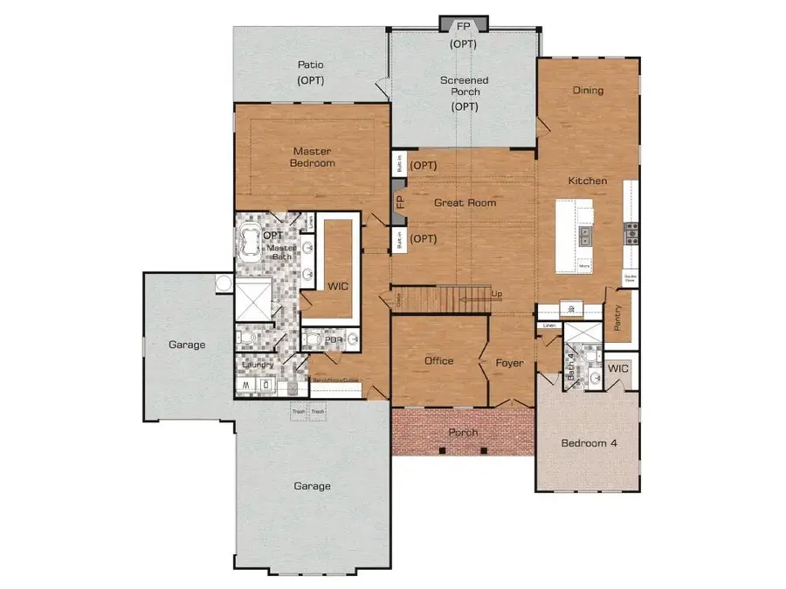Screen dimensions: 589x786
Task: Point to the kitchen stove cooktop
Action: pyautogui.click(x=631, y=232)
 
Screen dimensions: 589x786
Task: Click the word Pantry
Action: pyautogui.click(x=618, y=317)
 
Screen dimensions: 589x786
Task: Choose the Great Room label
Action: pyautogui.click(x=465, y=203)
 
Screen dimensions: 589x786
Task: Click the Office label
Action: pyautogui.click(x=438, y=361)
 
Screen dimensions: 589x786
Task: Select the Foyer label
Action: pyautogui.click(x=509, y=362)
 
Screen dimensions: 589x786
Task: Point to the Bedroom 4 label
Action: pyautogui.click(x=589, y=443)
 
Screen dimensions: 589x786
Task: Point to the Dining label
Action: pyautogui.click(x=588, y=90)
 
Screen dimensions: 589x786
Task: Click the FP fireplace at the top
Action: pyautogui.click(x=463, y=24)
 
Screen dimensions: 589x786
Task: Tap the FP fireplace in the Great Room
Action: pyautogui.click(x=400, y=202)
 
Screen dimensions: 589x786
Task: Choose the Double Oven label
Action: pyautogui.click(x=630, y=278)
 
